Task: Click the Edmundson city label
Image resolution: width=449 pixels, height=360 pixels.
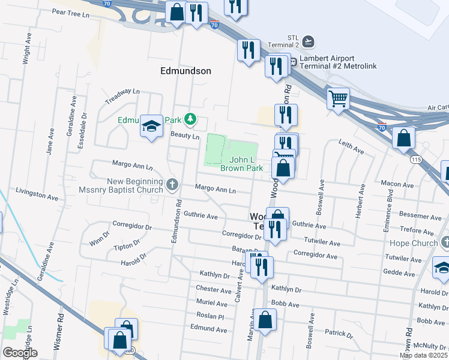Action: coord(185,71)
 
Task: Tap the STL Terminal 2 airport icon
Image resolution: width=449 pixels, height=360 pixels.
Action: coord(309,41)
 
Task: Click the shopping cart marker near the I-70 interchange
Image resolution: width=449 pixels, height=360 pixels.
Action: coord(338,97)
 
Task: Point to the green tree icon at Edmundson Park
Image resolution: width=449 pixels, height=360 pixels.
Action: coord(190,119)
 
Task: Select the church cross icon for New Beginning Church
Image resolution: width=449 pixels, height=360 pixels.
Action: coord(172,184)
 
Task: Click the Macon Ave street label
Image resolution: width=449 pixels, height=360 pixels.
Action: coord(397,185)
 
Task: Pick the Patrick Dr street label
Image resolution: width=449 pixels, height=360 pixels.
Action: coord(338,333)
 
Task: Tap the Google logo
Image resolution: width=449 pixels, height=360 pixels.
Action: coord(20,353)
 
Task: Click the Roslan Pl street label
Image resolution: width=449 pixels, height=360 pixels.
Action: coord(210,316)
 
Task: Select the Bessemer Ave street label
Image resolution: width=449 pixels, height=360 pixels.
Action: coord(420,216)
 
